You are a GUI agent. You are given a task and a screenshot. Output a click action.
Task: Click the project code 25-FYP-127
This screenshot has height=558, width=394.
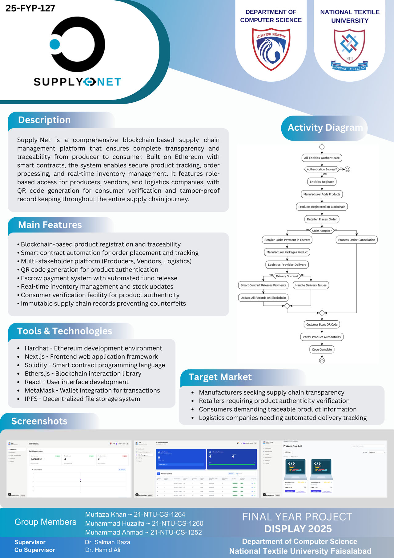coord(30,8)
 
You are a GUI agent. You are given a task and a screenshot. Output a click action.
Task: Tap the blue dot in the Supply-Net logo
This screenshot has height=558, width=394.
coord(55,44)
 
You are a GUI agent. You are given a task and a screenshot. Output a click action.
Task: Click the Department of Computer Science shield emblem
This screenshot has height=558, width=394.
coord(271,49)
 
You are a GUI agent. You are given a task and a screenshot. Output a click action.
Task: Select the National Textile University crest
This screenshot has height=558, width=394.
coord(349,50)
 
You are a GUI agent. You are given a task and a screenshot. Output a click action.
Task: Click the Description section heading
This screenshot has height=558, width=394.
coord(44,120)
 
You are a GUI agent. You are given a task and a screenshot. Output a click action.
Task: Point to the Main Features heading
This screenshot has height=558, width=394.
coord(50,225)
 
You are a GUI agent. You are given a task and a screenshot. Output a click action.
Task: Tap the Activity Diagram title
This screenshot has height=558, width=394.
coord(325,128)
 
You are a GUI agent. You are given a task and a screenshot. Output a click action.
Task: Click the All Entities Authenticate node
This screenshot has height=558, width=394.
coord(322,158)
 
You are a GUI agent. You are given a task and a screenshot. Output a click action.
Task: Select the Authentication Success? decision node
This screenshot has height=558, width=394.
coord(322,169)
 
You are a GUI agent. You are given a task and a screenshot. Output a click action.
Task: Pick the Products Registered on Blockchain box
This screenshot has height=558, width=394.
coord(322,207)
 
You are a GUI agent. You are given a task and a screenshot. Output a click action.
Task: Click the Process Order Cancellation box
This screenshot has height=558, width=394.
coord(356,240)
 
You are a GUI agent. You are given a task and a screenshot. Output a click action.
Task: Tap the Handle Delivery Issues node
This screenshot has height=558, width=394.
coord(311,285)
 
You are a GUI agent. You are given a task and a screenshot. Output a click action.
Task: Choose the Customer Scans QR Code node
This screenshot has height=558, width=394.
coord(322,324)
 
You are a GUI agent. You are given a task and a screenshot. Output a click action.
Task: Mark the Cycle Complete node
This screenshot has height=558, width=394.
coord(322,350)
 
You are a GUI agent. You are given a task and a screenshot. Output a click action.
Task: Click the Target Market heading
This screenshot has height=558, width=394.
coord(220,377)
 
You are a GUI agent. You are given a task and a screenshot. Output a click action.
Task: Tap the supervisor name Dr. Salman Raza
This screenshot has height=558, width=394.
coord(107,542)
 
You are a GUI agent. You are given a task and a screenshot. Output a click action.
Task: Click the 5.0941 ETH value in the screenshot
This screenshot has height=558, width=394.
coord(38,459)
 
